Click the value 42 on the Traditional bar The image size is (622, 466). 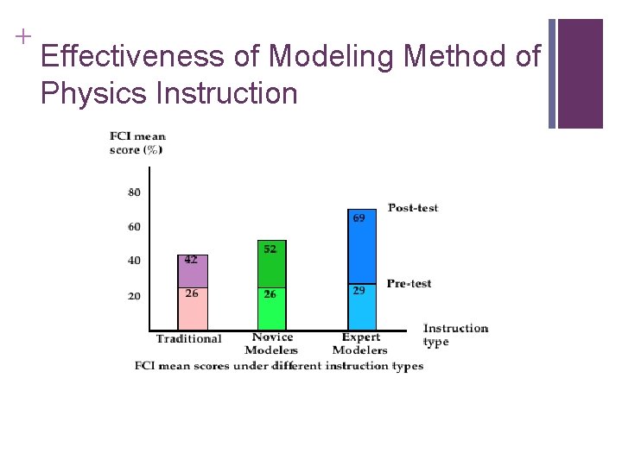pos(191,260)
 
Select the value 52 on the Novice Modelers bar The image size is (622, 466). pos(270,249)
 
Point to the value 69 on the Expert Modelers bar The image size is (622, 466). pos(359,218)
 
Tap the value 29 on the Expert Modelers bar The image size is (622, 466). pos(359,291)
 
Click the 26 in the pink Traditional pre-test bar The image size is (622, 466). pos(191,293)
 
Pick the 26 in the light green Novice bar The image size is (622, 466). pos(270,294)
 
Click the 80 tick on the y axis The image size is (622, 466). pos(134,192)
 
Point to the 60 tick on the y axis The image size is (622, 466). pos(134,227)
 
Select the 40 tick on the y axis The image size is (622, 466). pos(134,261)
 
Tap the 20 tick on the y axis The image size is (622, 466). pos(134,296)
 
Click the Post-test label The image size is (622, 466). pos(413,208)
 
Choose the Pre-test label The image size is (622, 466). pos(409,284)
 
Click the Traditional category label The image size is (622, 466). pos(188,339)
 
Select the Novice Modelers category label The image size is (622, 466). pos(271,343)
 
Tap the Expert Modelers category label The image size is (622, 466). pos(360,343)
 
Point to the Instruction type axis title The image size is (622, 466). pos(455,335)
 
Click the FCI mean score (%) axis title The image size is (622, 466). pos(137,142)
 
